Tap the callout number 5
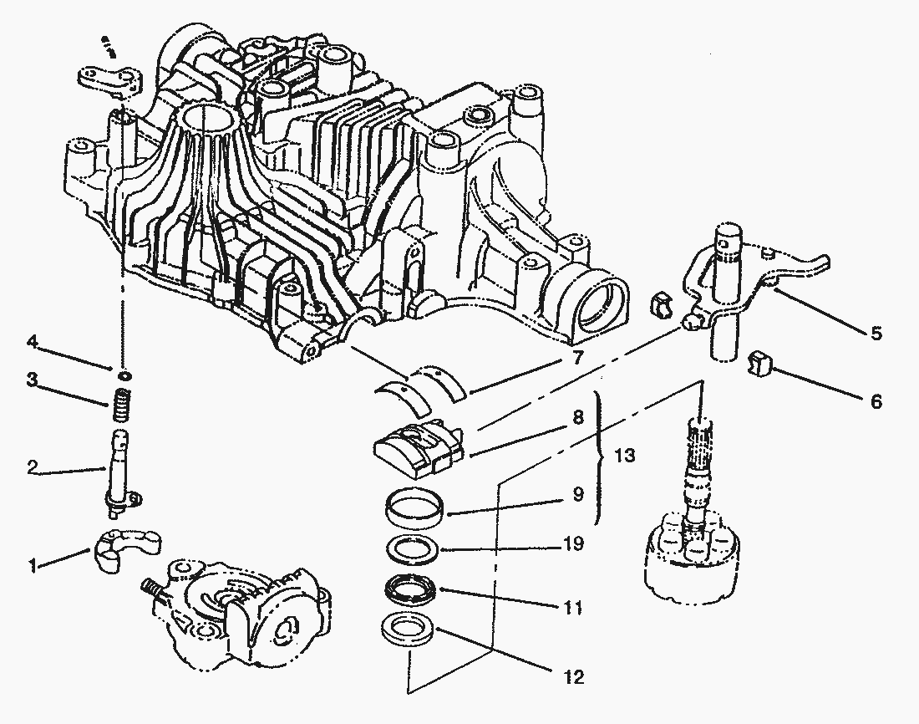tap(875, 334)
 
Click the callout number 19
tap(573, 546)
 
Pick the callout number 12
tap(573, 676)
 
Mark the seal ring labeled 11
tap(410, 590)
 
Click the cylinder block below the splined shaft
tap(692, 556)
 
